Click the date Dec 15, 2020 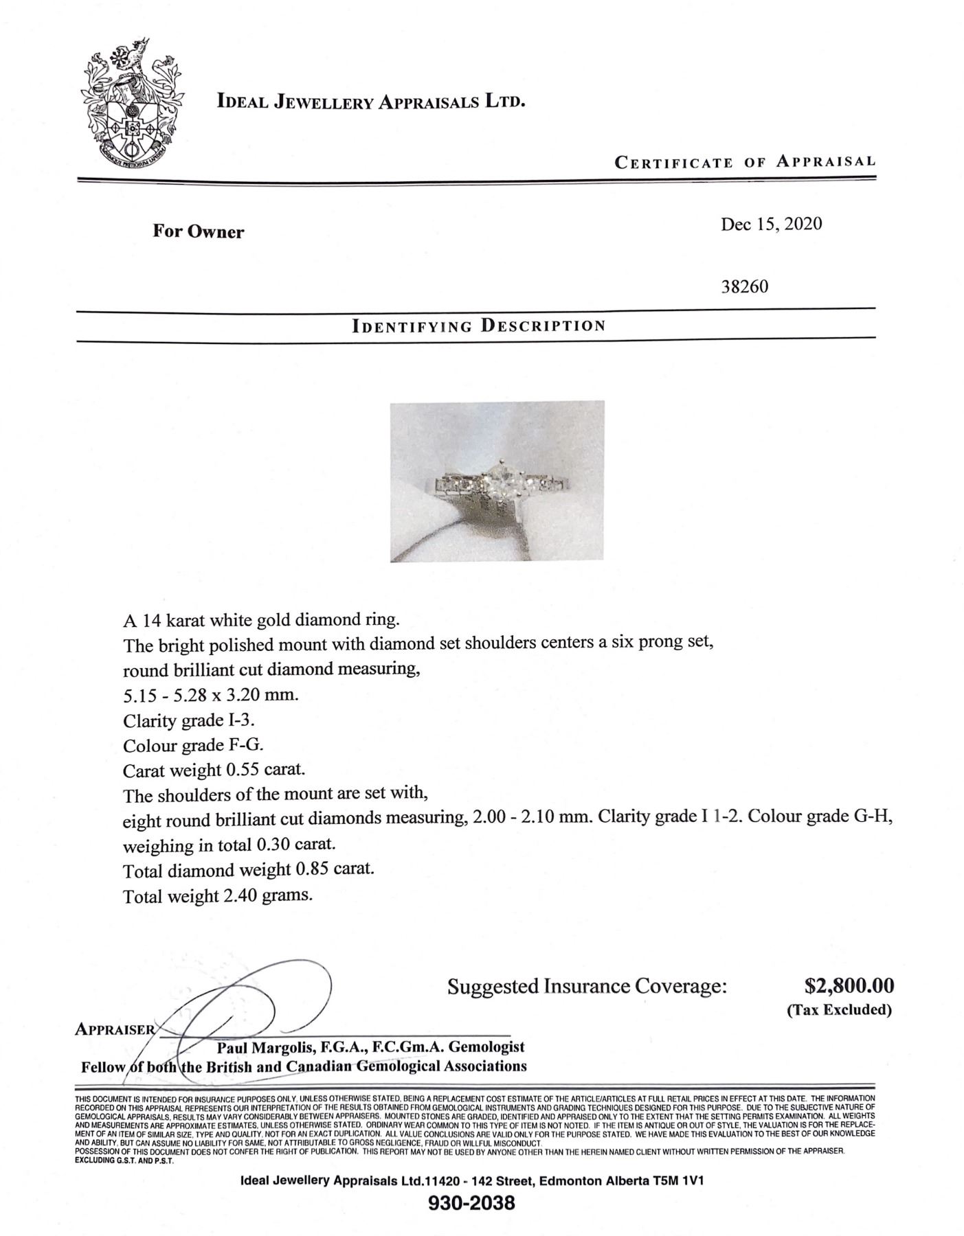[x=771, y=225]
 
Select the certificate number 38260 [x=744, y=286]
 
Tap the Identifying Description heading [x=478, y=325]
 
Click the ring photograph [x=497, y=481]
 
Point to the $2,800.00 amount [x=849, y=986]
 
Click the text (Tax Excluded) [x=839, y=1010]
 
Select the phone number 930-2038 [x=471, y=1203]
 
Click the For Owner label [x=198, y=232]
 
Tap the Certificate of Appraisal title [x=745, y=162]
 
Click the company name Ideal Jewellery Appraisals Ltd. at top [x=371, y=102]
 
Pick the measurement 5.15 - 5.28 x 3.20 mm [x=211, y=695]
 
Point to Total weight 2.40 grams [x=218, y=896]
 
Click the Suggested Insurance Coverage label [x=587, y=987]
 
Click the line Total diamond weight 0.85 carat [x=249, y=870]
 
